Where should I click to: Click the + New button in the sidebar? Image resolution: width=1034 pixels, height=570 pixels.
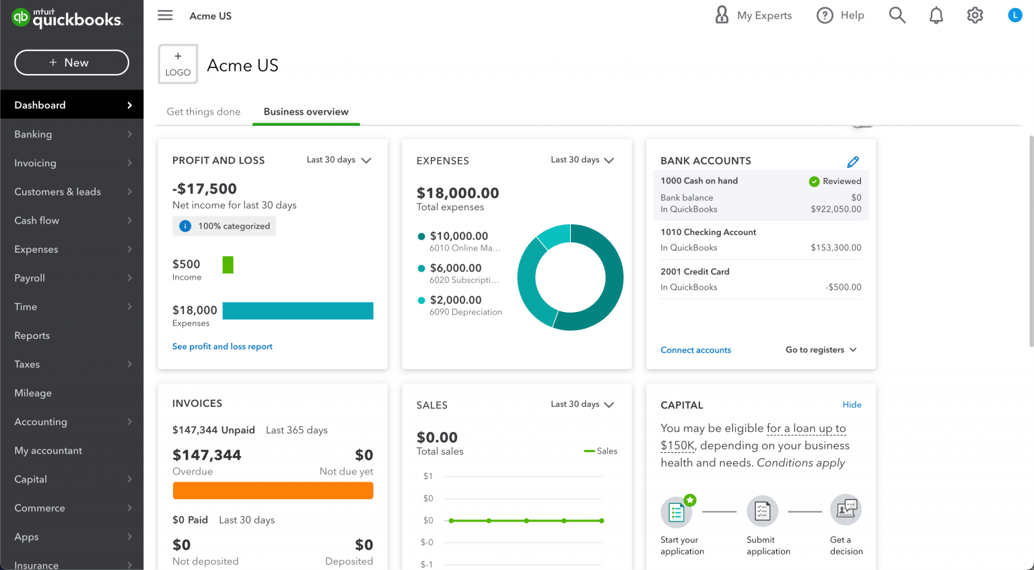point(71,63)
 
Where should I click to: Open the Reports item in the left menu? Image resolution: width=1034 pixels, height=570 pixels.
point(32,336)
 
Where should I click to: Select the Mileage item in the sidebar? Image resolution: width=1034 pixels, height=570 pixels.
point(33,393)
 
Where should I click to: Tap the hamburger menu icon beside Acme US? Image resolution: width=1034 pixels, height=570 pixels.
point(165,15)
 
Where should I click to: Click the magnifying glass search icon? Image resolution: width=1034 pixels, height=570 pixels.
point(897,15)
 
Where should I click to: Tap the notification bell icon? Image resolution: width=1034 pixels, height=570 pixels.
point(936,15)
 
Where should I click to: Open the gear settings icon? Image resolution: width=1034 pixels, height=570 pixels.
point(975,15)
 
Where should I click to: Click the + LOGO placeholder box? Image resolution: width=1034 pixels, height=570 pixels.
point(178,65)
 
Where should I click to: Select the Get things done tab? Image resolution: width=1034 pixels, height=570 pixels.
point(203,112)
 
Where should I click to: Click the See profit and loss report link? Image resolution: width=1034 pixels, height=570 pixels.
point(222,346)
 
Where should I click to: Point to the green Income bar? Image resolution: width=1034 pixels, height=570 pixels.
point(228,265)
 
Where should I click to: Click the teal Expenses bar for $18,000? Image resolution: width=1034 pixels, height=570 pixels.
point(298,311)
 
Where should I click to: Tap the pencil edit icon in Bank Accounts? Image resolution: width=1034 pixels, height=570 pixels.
point(853,162)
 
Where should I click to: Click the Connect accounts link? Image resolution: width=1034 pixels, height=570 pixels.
point(695,350)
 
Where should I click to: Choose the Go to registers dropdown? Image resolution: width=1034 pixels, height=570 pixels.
point(821,350)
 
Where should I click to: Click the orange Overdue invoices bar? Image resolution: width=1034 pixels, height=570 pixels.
point(273,490)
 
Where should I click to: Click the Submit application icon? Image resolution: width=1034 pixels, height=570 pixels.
point(762,511)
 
